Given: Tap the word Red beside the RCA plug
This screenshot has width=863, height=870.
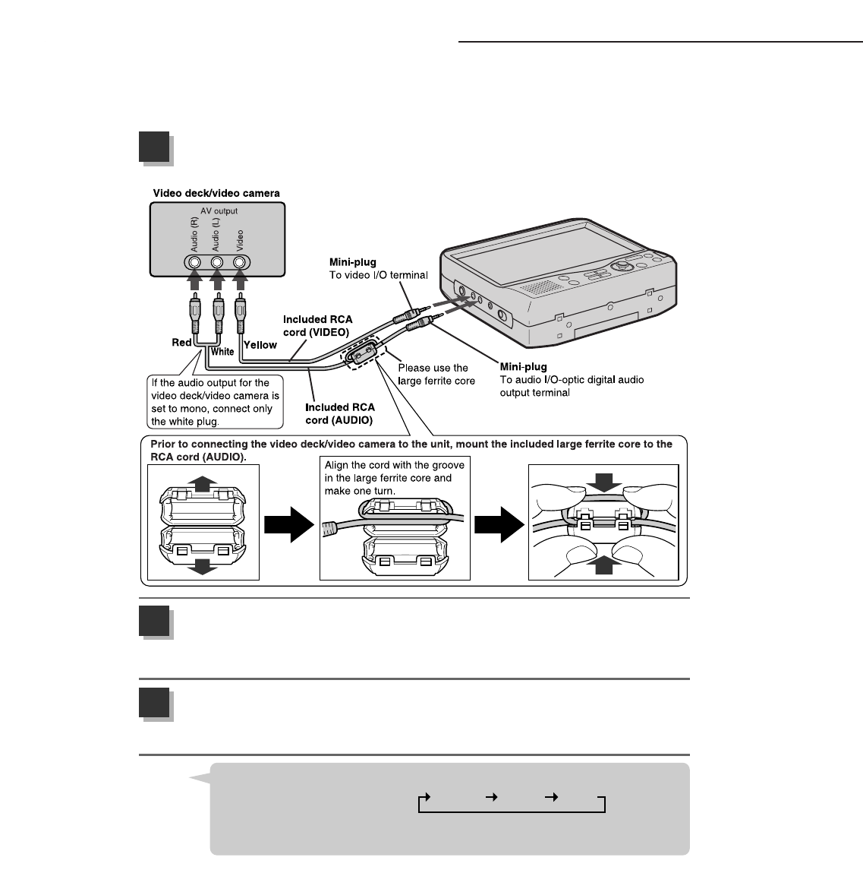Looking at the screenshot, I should tap(181, 343).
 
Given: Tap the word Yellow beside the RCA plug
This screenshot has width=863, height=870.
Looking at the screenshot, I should tap(260, 345).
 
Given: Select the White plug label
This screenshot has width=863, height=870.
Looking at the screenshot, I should tap(222, 352).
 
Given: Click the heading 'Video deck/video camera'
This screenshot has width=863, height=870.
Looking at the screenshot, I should tap(216, 193).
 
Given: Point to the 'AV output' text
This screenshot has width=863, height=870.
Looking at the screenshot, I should tap(219, 211).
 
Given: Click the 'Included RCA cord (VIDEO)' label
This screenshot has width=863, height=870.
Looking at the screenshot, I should tap(317, 325).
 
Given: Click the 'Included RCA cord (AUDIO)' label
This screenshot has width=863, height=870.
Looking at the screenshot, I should tap(339, 413).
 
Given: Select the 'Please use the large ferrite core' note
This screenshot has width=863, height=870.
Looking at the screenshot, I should tap(436, 374).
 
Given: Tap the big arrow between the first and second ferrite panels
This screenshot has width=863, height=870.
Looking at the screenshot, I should tap(288, 525).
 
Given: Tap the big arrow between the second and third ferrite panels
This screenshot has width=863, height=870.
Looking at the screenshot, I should tap(499, 525).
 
